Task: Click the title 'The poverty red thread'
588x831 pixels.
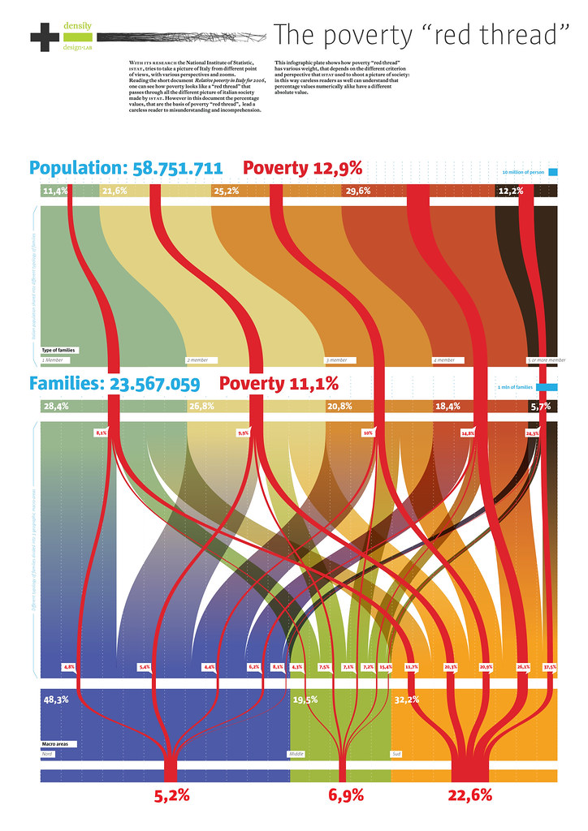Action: point(417,35)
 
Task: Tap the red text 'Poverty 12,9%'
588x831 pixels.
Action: point(302,169)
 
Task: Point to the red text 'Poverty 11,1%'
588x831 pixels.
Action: point(279,384)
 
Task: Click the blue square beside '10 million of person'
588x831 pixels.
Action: point(553,172)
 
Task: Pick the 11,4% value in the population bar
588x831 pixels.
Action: point(54,191)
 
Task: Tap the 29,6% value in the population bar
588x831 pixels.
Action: point(357,191)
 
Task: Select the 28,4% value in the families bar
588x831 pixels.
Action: point(54,406)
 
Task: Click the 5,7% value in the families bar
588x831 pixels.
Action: point(540,406)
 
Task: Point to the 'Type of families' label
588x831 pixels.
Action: point(58,350)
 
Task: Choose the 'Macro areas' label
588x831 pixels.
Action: point(55,743)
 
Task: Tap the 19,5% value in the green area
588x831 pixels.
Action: point(305,699)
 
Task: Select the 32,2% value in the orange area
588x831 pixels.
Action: point(407,699)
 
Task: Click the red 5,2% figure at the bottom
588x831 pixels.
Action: point(172,796)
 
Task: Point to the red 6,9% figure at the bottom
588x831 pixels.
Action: point(346,796)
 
